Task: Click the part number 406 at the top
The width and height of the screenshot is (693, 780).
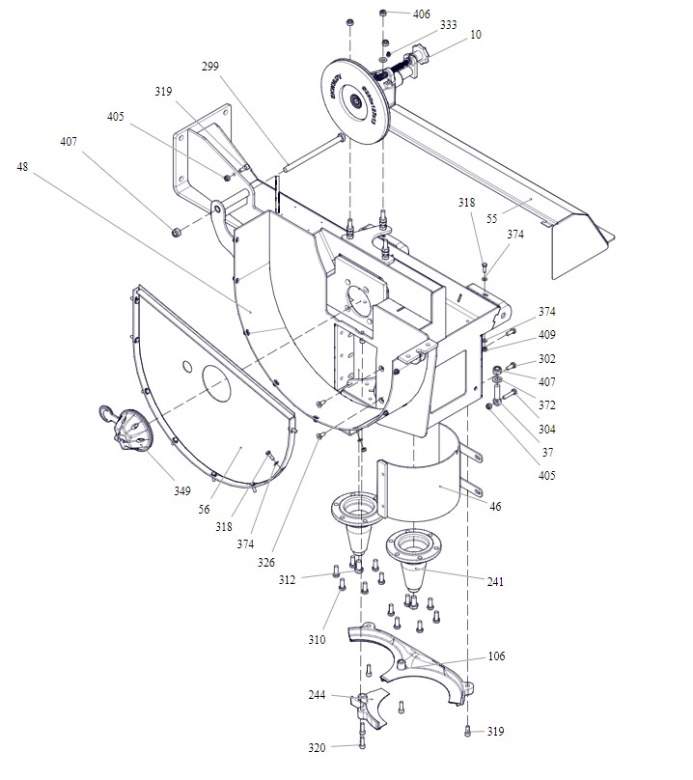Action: coord(422,14)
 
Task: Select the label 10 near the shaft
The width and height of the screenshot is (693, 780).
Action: coord(476,35)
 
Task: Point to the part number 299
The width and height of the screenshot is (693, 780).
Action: coord(210,67)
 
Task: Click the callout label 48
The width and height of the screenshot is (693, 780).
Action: coord(23,166)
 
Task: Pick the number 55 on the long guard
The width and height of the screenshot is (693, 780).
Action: coord(492,220)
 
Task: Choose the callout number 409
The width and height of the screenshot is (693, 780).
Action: coord(547,337)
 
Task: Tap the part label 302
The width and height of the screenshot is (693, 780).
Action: coord(547,359)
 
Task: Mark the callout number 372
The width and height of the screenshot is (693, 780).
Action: coord(547,405)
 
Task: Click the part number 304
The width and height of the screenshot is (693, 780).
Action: coord(547,429)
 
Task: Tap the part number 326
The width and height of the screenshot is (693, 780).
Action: coord(265,563)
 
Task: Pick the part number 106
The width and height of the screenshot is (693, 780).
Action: coord(496,656)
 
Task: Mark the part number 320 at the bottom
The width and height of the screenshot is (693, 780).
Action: coord(317,747)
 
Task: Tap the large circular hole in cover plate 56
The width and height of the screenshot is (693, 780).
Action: coord(217,385)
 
